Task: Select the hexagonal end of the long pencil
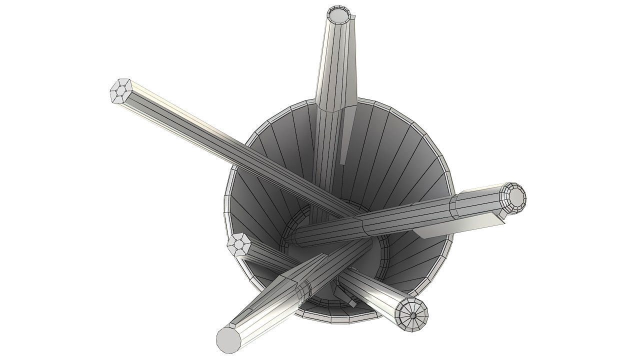120,91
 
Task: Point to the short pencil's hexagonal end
239,245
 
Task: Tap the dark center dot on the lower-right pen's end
413,315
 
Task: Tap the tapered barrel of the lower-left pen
280,295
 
